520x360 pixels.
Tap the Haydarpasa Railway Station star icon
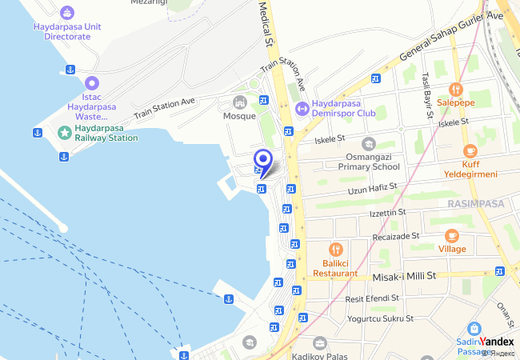tap(64, 131)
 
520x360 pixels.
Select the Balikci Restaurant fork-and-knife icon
tap(335, 249)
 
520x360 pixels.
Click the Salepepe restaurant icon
tap(456, 90)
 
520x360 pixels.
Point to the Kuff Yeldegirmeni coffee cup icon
tap(470, 150)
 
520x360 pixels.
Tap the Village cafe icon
tap(452, 235)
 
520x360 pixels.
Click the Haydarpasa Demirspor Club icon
tap(302, 108)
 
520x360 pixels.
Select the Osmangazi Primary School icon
tap(368, 144)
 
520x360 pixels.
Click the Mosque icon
tap(239, 102)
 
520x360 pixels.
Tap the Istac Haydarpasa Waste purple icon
tap(92, 82)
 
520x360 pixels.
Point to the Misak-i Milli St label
tap(404, 276)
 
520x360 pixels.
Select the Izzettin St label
tap(388, 214)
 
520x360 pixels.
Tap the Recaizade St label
tap(396, 237)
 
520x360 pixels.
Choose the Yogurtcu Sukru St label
tap(380, 318)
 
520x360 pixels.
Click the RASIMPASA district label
tap(476, 204)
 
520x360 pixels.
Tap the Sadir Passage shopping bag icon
tap(474, 328)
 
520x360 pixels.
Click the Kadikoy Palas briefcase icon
tap(320, 343)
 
